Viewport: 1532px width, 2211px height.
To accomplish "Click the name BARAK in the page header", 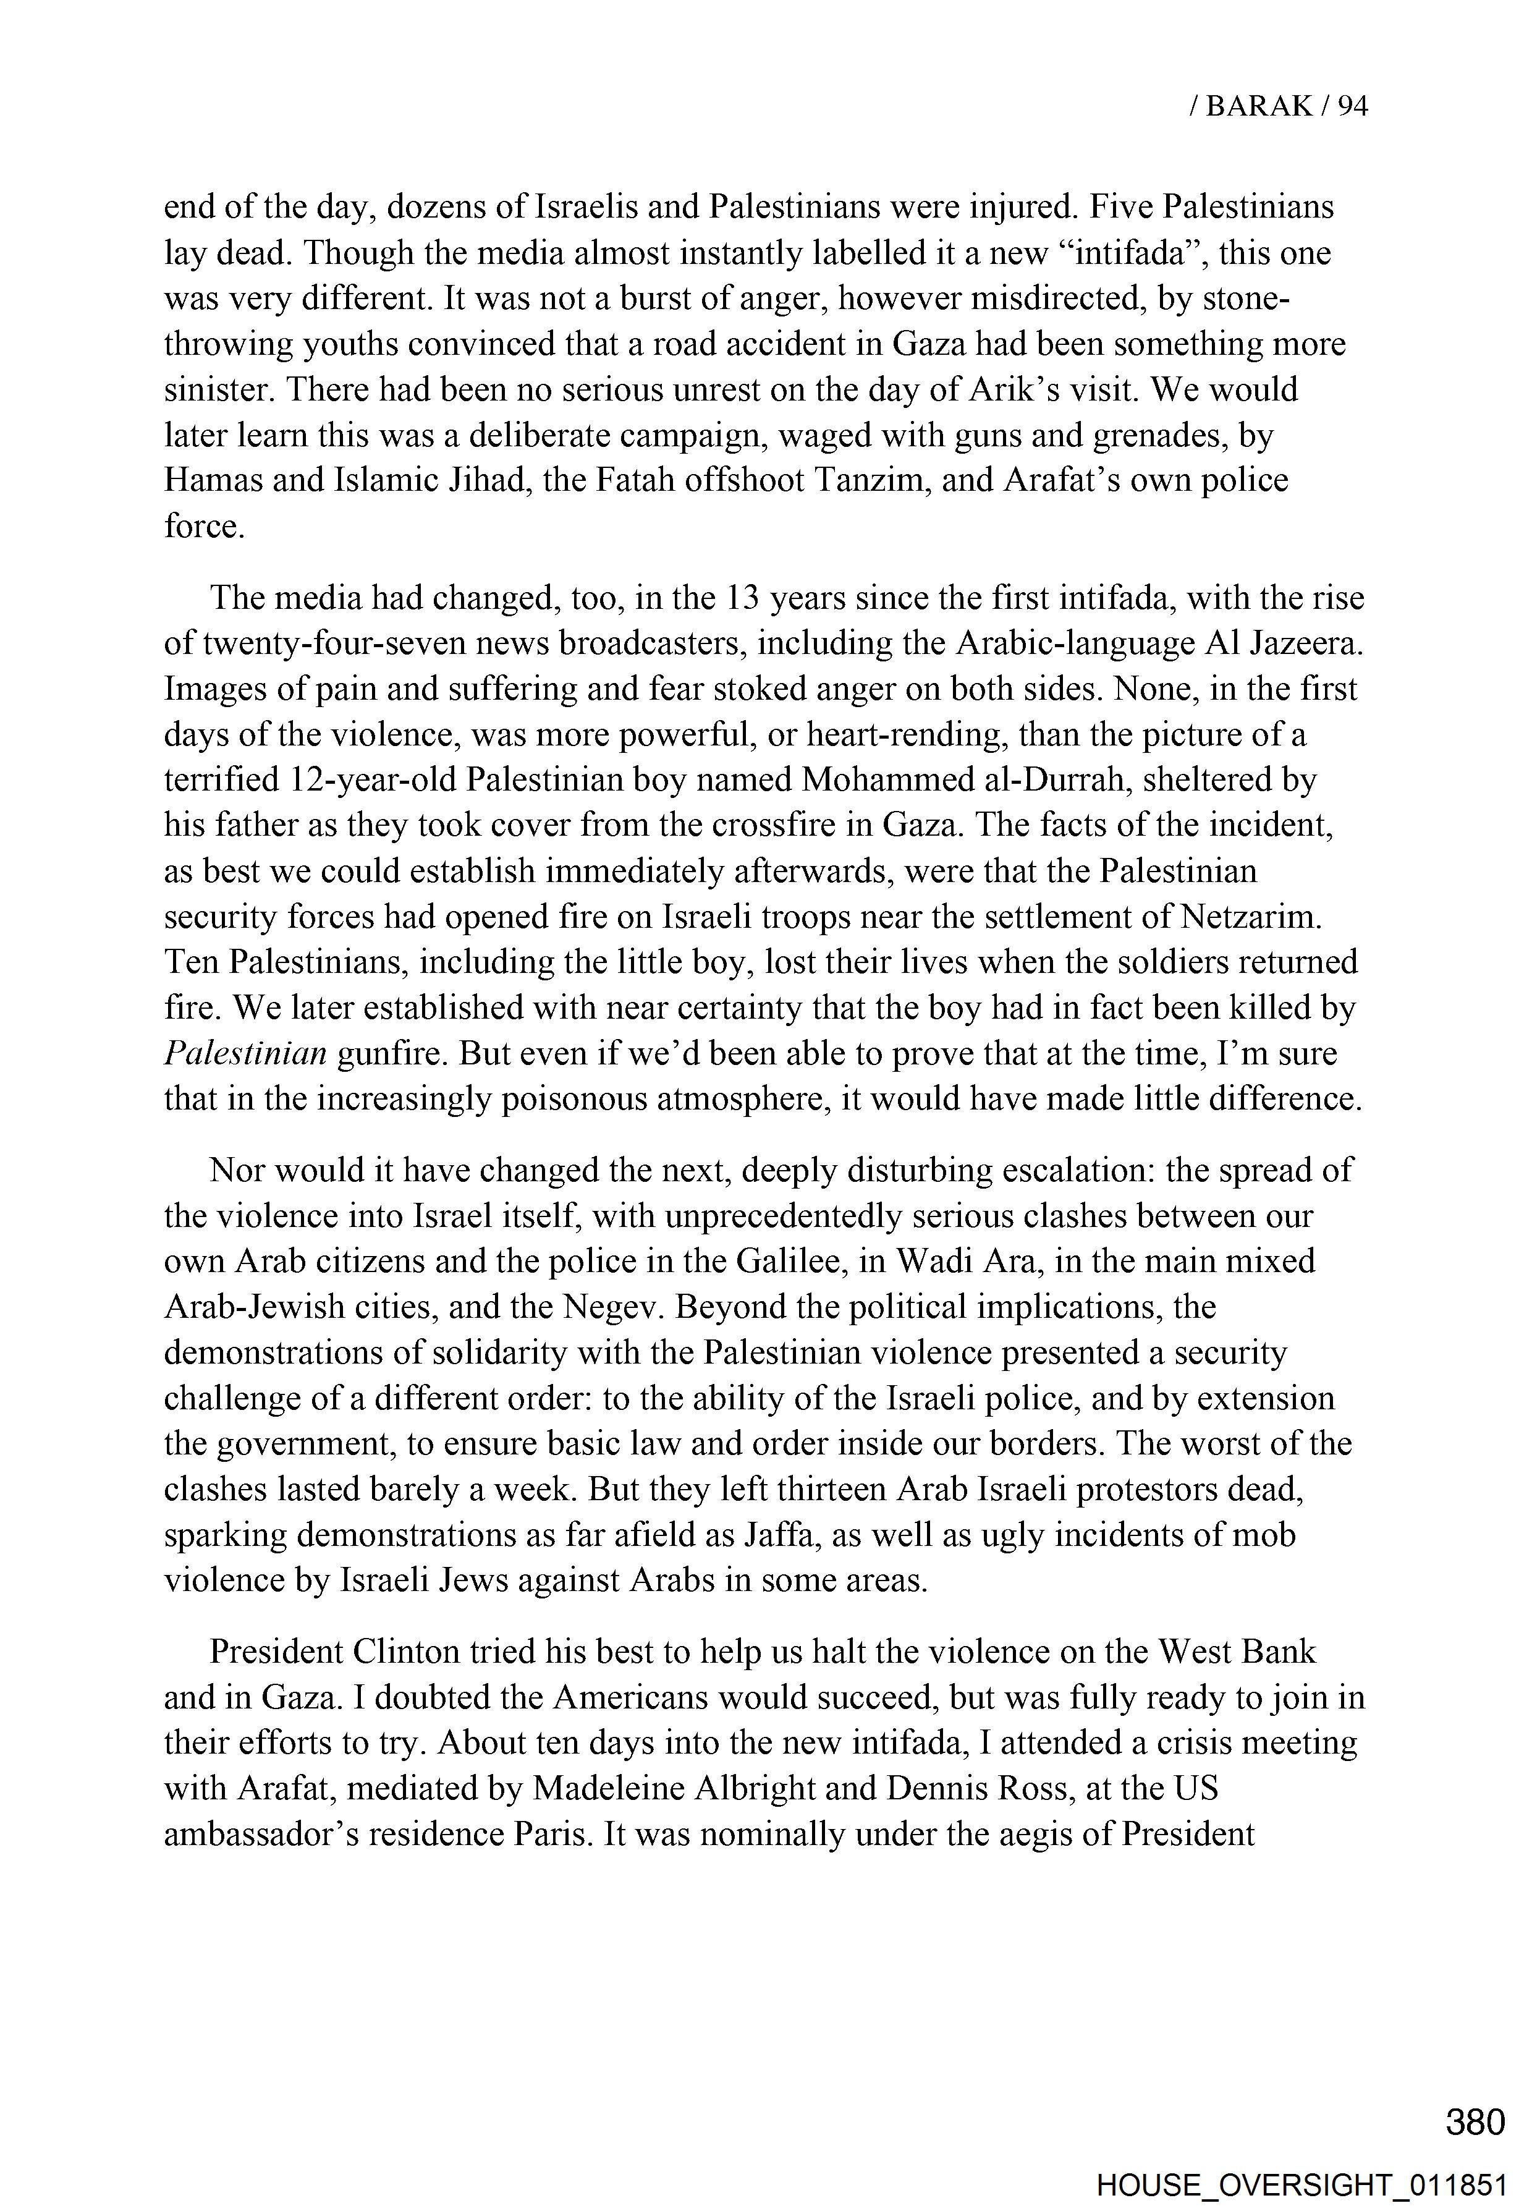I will click(x=1258, y=106).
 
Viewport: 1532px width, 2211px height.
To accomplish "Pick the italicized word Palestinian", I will click(x=246, y=1053).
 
